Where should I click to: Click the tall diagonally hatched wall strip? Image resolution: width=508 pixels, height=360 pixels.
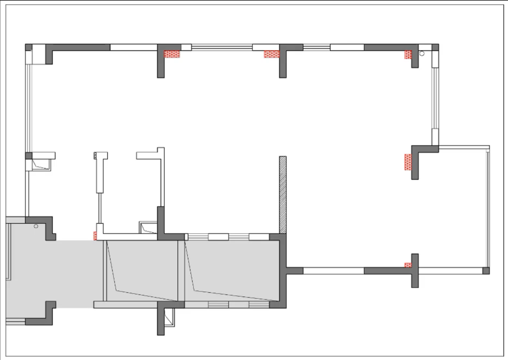pos(283,195)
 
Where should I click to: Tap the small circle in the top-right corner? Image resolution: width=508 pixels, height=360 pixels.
pos(422,54)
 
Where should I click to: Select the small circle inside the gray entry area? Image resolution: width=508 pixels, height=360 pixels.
pos(36,226)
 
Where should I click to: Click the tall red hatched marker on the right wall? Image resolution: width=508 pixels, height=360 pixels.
pos(408,162)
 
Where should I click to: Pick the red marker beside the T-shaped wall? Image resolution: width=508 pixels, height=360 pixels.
pos(408,266)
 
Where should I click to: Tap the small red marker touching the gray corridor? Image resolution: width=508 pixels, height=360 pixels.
pos(95,236)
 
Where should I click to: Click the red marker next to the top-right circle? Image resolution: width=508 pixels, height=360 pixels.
pos(408,55)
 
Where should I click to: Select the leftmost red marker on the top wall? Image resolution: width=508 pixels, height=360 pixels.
pos(172,54)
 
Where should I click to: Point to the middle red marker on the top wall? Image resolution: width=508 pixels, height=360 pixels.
pos(271,55)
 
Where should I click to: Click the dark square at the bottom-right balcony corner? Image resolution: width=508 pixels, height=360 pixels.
pos(486,271)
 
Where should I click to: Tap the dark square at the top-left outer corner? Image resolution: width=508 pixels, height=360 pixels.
pos(29,47)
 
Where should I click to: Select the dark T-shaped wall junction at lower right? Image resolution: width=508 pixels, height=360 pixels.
pos(414,270)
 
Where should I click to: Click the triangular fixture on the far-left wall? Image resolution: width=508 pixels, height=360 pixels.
pos(39,164)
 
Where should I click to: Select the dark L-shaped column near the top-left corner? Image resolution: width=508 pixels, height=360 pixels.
pos(49,53)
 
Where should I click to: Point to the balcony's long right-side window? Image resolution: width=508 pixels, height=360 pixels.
pos(488,209)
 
